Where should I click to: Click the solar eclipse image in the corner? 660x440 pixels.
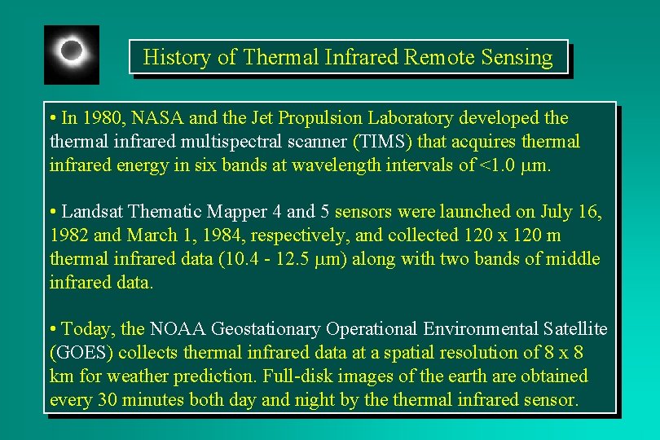72,54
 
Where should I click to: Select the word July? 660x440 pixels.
557,212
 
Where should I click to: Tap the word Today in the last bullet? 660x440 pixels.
87,329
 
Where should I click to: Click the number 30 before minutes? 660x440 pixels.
108,400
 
